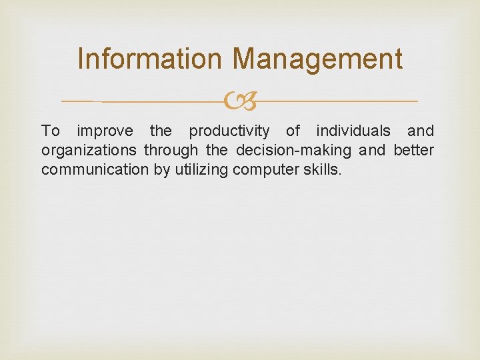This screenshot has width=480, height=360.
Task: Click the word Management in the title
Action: [317, 59]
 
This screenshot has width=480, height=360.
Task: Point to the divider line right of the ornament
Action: [337, 101]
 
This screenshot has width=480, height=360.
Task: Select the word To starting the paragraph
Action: [51, 131]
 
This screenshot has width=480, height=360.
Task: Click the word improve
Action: [105, 131]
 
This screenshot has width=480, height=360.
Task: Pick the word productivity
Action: [229, 131]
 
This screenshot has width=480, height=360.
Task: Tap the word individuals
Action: [353, 131]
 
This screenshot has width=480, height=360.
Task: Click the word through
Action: [171, 150]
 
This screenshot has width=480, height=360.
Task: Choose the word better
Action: [413, 150]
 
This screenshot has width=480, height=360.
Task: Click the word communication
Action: [95, 169]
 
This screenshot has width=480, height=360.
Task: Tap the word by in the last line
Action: [161, 170]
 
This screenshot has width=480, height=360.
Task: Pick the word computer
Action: [261, 170]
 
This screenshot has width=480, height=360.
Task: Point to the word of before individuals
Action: [293, 131]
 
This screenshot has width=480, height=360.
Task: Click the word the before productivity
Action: [160, 131]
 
